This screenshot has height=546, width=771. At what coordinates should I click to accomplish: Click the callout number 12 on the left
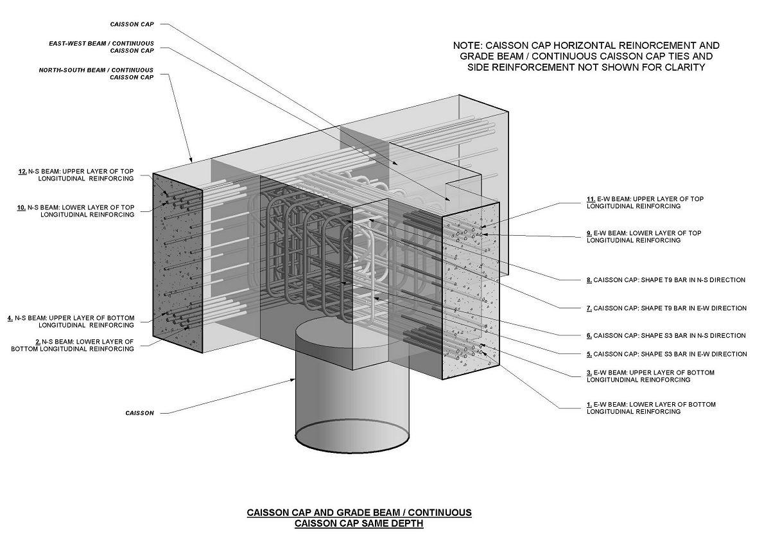coord(22,172)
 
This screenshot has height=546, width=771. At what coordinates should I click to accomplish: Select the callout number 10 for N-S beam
coord(22,207)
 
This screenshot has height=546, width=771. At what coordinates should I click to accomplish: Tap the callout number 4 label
coord(10,318)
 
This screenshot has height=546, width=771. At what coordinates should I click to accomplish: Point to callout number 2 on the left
coord(38,342)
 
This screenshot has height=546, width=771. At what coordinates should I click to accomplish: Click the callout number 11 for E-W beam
coord(591,199)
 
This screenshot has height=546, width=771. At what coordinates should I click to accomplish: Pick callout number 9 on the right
coord(589,233)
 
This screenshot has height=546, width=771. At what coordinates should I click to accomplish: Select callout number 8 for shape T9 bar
coord(589,280)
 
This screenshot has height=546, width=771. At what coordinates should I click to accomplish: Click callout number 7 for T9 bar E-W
coord(589,308)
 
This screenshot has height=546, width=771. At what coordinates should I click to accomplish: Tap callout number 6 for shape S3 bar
coord(589,335)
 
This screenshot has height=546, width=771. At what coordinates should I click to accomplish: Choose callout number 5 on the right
coord(589,354)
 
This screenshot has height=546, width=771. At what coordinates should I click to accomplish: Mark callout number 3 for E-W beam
coord(589,373)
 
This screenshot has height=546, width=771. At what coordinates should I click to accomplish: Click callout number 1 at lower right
coord(589,405)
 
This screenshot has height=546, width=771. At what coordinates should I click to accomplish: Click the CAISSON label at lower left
coord(139,413)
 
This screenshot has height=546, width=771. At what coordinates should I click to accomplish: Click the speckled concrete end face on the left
coord(177,263)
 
